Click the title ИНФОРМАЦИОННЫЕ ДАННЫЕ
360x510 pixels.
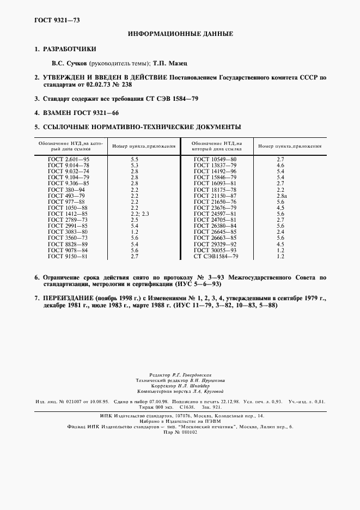pyautogui.click(x=180, y=34)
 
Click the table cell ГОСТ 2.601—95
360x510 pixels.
pyautogui.click(x=68, y=159)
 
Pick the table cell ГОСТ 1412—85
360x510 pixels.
pyautogui.click(x=68, y=214)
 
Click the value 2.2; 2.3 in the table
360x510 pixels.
pyautogui.click(x=139, y=214)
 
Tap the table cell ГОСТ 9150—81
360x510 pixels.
pyautogui.click(x=68, y=256)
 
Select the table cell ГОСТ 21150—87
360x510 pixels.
pyautogui.click(x=215, y=195)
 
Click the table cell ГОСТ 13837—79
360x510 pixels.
pyautogui.click(x=215, y=165)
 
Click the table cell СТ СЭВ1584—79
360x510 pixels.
pyautogui.click(x=216, y=256)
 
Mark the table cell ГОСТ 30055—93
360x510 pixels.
pyautogui.click(x=215, y=250)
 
